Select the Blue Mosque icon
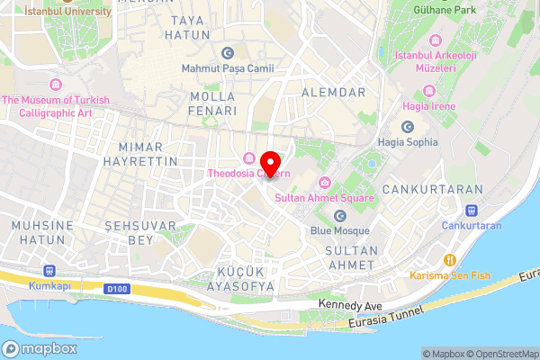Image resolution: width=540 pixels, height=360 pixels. coord(339,216)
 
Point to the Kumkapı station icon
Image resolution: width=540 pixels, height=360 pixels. coord(47,270)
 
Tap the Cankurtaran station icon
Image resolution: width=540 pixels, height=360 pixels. coord(472,211)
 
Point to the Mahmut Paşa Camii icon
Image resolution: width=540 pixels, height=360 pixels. coord(227,53)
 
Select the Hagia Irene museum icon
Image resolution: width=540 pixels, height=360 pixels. coord(427,92)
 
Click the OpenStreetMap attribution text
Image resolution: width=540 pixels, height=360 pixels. coord(502,354)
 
